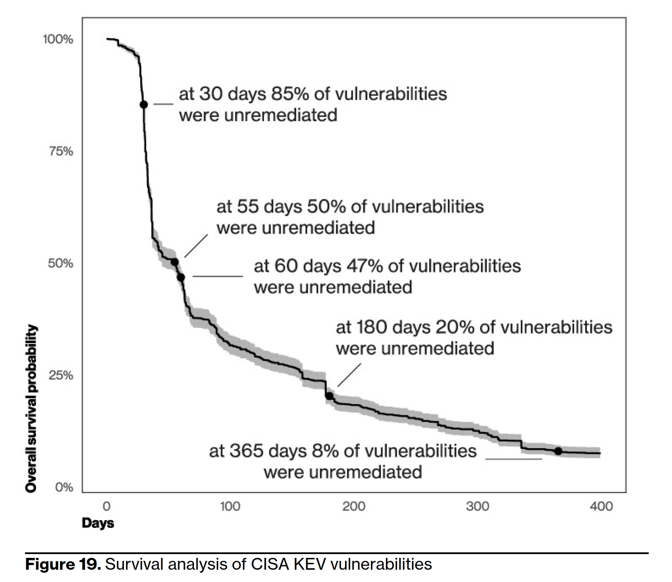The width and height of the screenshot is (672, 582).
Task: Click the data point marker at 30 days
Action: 144,104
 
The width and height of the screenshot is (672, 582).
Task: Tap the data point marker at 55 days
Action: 174,262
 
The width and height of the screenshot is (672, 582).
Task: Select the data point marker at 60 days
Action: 181,277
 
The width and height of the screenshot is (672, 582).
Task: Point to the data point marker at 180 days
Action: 329,396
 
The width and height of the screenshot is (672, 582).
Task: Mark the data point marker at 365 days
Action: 558,451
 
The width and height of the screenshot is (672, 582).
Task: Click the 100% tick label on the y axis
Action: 58,39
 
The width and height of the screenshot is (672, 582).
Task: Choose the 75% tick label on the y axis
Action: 61,151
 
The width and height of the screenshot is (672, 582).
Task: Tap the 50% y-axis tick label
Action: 60,263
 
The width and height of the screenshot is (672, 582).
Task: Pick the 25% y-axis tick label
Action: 61,375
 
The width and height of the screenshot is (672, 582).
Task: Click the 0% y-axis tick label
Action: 64,488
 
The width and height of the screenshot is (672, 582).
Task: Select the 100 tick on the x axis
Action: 230,506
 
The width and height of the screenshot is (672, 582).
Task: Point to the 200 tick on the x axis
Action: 354,506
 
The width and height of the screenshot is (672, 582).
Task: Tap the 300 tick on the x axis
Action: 477,506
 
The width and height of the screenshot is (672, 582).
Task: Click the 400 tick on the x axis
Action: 601,506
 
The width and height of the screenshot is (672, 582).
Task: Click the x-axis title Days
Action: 98,523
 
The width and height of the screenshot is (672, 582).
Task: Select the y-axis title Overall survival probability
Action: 31,408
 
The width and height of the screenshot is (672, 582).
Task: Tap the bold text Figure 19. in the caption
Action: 63,564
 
